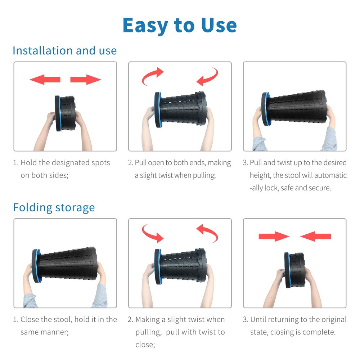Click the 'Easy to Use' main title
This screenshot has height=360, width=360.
[180, 26]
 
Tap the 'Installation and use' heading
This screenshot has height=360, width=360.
[65, 50]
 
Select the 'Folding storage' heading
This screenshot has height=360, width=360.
[54, 208]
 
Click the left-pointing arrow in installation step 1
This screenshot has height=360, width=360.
[45, 80]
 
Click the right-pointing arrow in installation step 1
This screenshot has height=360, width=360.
[86, 80]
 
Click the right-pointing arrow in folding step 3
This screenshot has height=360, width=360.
[274, 236]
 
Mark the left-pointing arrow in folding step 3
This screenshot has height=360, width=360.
[315, 236]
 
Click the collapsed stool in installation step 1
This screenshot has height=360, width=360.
[65, 113]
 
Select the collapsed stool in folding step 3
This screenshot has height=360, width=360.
[295, 270]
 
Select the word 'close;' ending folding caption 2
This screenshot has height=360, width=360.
[145, 345]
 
